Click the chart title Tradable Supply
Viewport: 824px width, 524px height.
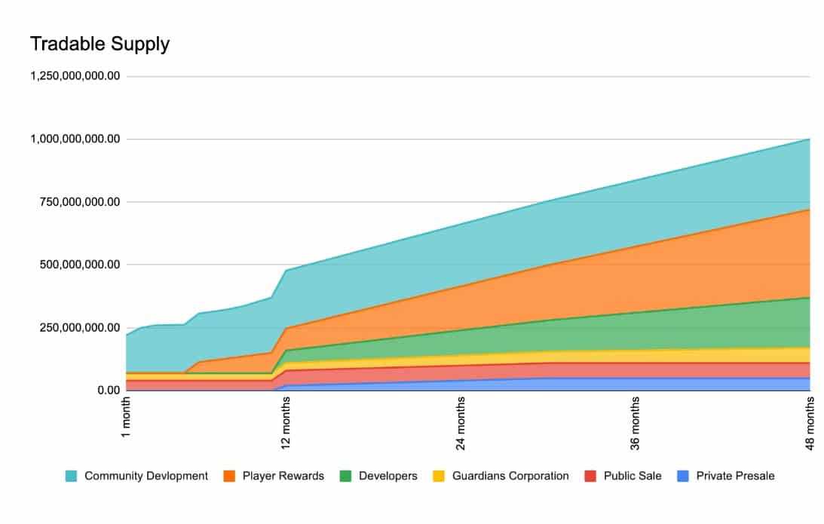coord(100,44)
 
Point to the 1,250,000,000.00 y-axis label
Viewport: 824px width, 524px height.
coord(75,76)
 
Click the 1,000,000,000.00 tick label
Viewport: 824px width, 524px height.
coord(75,139)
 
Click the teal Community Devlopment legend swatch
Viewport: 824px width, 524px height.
coord(71,476)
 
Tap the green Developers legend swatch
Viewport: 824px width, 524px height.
coord(345,476)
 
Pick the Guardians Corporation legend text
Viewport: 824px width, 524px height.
coord(510,476)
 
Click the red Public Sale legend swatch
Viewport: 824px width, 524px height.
coord(590,476)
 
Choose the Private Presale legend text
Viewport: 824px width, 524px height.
coord(735,476)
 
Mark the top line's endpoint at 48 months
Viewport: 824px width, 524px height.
coord(810,139)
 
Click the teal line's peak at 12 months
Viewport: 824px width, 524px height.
coord(286,271)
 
